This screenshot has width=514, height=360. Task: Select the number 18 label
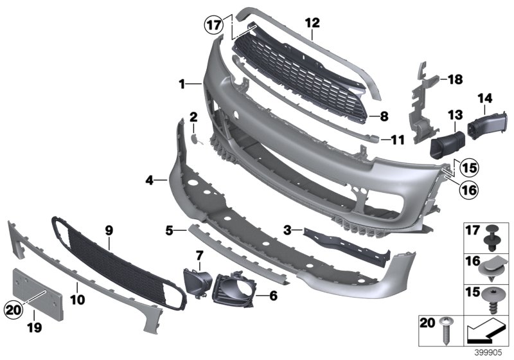455,80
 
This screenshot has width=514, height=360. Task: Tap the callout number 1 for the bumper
182,84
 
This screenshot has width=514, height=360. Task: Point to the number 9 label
109,229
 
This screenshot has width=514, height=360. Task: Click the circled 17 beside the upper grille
213,26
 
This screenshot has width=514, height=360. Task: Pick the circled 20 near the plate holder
12,309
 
